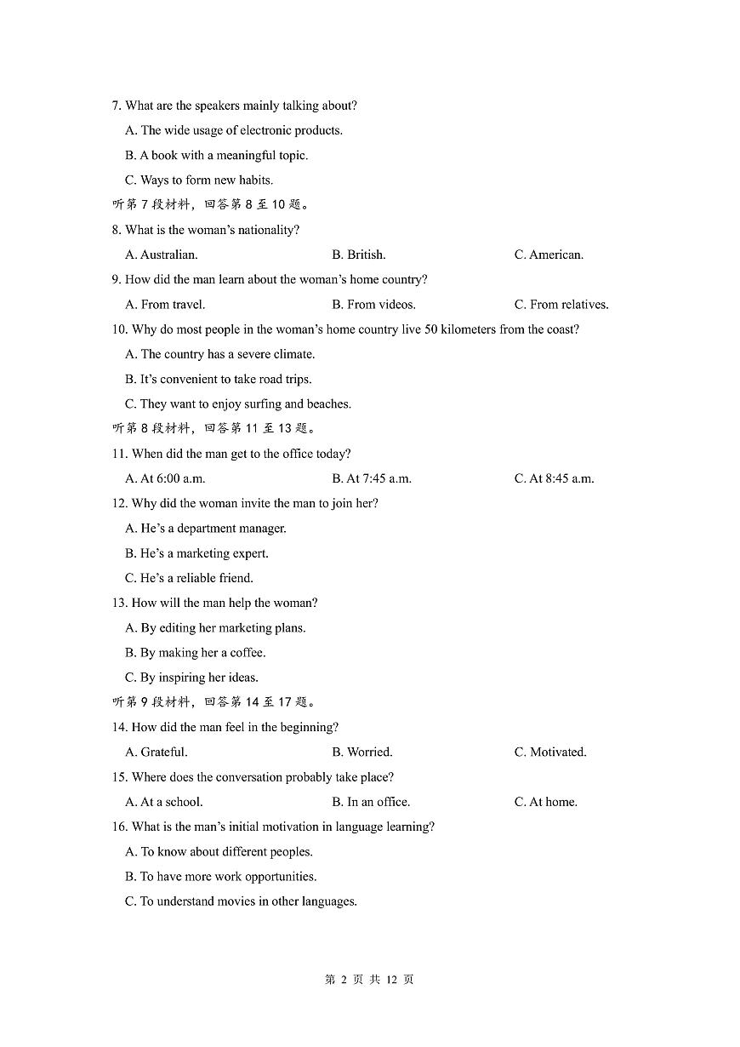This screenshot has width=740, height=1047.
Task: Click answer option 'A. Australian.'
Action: point(161,255)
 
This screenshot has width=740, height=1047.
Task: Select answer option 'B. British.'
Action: point(358,255)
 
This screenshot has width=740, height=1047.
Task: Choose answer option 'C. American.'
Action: point(549,255)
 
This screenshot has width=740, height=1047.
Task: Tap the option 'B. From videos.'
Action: point(373,305)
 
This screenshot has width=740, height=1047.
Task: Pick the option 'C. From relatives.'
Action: point(561,305)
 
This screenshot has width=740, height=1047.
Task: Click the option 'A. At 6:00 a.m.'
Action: point(165,478)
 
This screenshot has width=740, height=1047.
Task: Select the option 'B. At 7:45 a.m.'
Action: point(372,478)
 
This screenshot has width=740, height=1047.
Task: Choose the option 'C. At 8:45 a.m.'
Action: point(554,478)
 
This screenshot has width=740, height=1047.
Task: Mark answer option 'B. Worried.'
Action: point(361,752)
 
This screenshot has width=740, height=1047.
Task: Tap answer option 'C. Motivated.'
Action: point(550,752)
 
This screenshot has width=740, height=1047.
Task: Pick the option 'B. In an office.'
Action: point(371,802)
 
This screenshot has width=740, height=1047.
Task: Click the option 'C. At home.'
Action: point(545,802)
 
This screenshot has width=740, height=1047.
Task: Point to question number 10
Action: point(119,329)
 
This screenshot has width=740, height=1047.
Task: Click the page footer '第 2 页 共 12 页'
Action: point(369,980)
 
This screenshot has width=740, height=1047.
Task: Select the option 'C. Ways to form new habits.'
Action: point(198,180)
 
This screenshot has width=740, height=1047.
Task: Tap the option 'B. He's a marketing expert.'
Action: point(196,553)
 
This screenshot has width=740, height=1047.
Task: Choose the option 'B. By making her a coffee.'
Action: point(195,653)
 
